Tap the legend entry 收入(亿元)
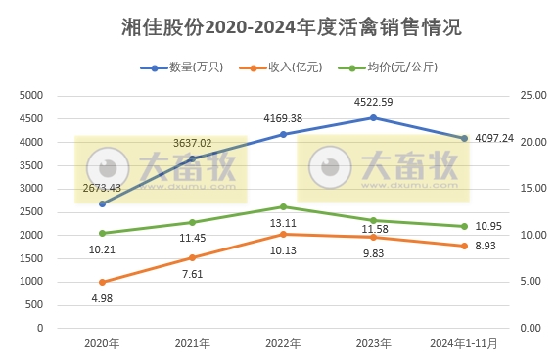(285, 67)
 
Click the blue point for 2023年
(373, 117)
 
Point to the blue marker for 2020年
(102, 203)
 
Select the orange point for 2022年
(283, 234)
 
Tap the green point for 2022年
(283, 206)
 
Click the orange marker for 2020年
(102, 282)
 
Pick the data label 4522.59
(373, 100)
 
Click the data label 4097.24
(495, 139)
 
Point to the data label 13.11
(283, 223)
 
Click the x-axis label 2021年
(192, 343)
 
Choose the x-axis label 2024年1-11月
(464, 343)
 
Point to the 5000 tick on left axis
(32, 96)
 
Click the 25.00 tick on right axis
(531, 96)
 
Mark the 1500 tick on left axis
(32, 258)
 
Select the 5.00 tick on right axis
(529, 282)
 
